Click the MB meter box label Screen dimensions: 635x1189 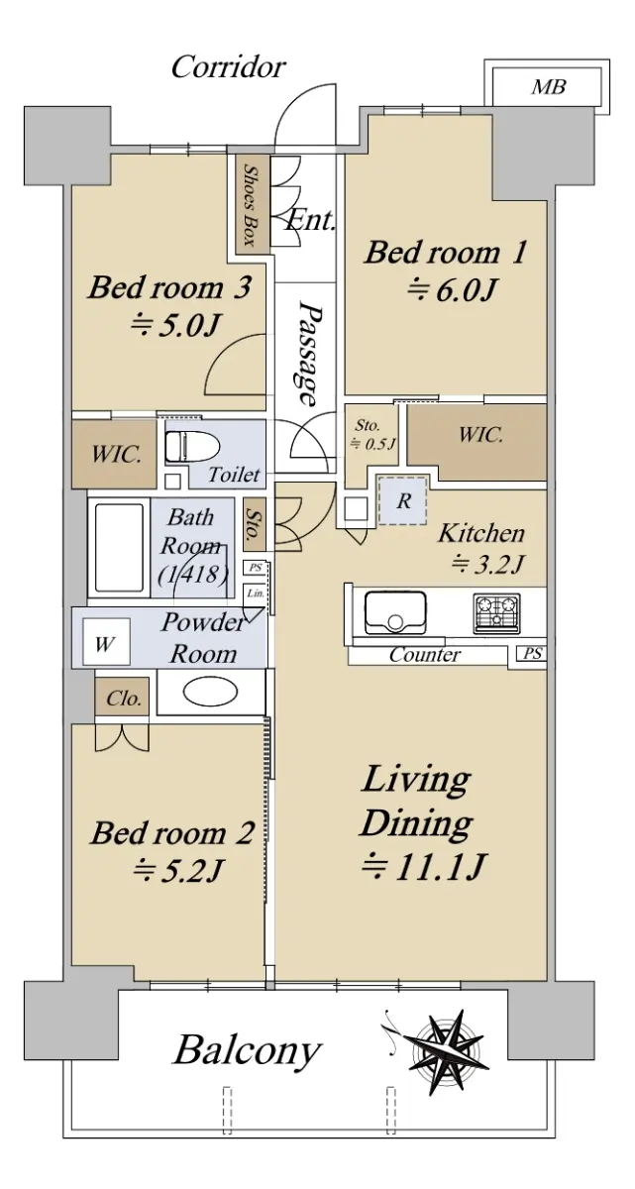[549, 86]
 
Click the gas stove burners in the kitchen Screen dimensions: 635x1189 [496, 613]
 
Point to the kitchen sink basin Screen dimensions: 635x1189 [394, 612]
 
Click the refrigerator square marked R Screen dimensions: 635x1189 [402, 500]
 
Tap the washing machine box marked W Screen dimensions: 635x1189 [106, 641]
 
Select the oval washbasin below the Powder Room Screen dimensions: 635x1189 [210, 692]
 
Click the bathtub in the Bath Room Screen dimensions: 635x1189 [119, 549]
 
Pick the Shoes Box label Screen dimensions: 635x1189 [252, 205]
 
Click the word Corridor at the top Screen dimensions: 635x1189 [228, 67]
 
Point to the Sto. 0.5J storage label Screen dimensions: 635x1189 [373, 435]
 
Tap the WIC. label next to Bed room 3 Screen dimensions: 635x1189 [116, 455]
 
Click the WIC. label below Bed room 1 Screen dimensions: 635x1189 [480, 435]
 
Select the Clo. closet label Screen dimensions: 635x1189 [123, 698]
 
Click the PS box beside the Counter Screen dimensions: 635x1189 [532, 653]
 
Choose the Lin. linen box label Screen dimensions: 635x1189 [256, 594]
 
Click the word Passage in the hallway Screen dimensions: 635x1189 [309, 353]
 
